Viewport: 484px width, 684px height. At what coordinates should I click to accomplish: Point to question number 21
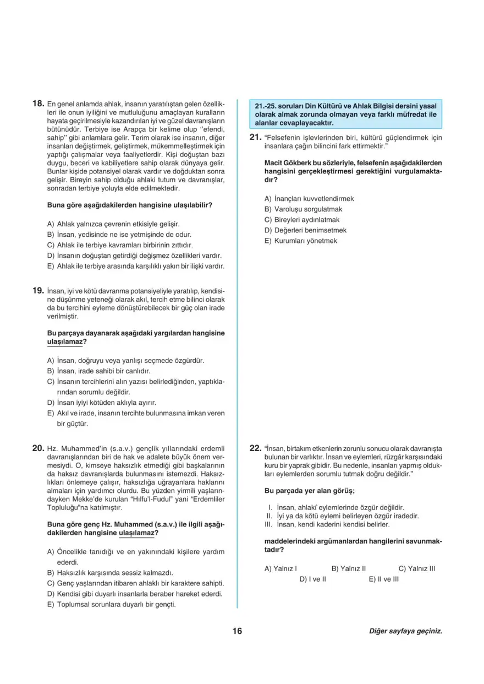pyautogui.click(x=255, y=138)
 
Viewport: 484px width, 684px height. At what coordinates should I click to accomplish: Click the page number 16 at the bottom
pyautogui.click(x=237, y=631)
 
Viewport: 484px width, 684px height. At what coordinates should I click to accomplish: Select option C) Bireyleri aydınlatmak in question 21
pyautogui.click(x=302, y=220)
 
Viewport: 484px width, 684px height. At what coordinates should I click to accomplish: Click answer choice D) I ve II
pyautogui.click(x=313, y=579)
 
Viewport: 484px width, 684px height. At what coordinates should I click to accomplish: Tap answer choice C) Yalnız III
pyautogui.click(x=417, y=568)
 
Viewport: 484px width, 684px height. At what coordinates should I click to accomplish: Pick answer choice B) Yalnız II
pyautogui.click(x=349, y=568)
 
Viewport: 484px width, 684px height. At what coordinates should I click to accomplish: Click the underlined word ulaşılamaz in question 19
pyautogui.click(x=65, y=342)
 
